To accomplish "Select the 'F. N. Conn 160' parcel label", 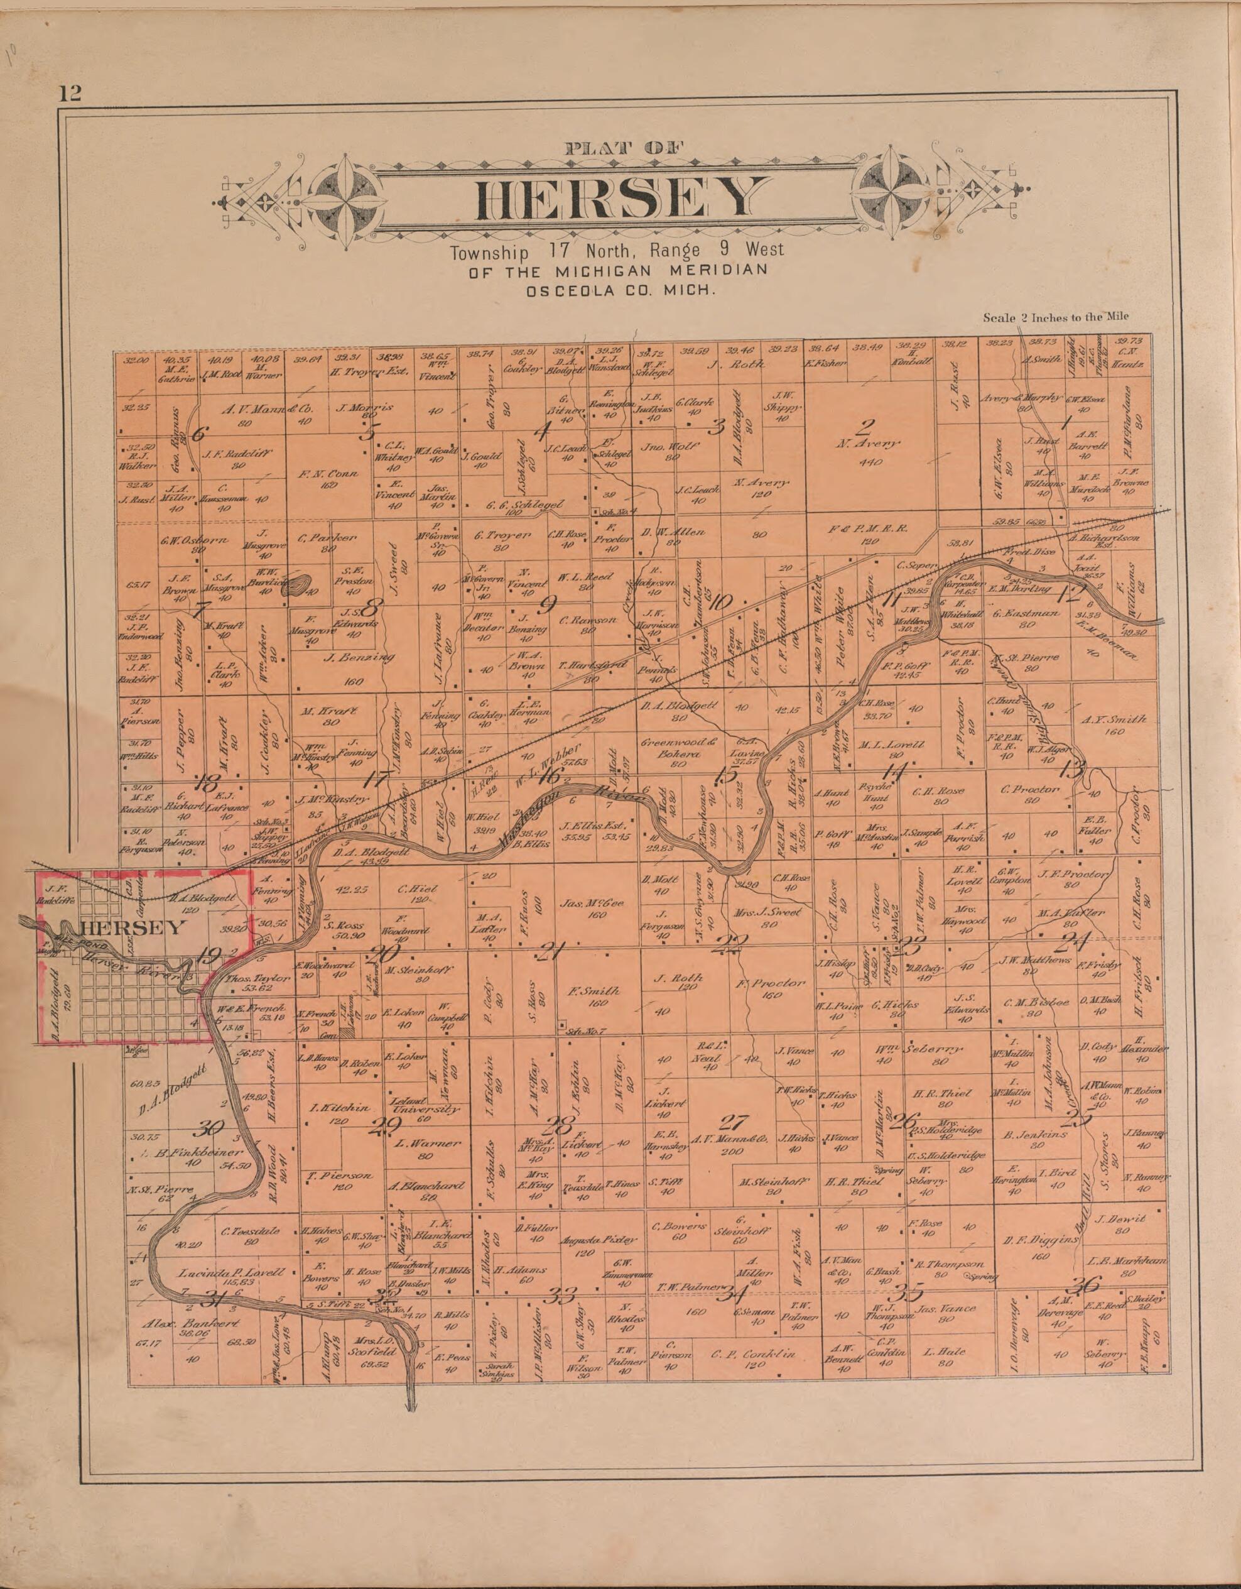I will click(x=329, y=479).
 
